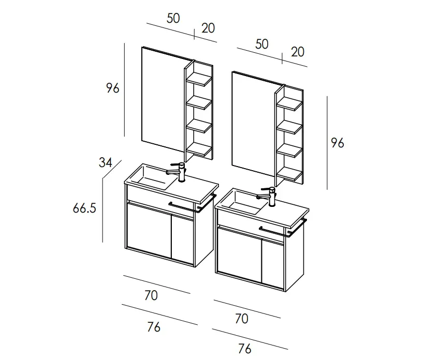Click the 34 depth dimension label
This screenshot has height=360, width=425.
[106, 162]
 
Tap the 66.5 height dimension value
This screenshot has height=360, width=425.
[84, 208]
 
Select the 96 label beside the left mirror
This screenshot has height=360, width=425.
[112, 88]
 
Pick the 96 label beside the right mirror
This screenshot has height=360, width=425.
[338, 143]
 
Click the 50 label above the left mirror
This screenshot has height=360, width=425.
[173, 18]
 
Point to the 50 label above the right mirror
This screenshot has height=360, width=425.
[262, 44]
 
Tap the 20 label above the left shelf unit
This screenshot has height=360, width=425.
[208, 28]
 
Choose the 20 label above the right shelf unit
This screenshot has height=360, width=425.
[298, 52]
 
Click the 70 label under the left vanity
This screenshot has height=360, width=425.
[151, 295]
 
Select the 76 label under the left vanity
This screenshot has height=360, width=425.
[154, 327]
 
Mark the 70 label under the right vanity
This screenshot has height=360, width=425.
[242, 319]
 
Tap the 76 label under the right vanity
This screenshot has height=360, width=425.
[244, 349]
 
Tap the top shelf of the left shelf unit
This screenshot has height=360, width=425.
[199, 79]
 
